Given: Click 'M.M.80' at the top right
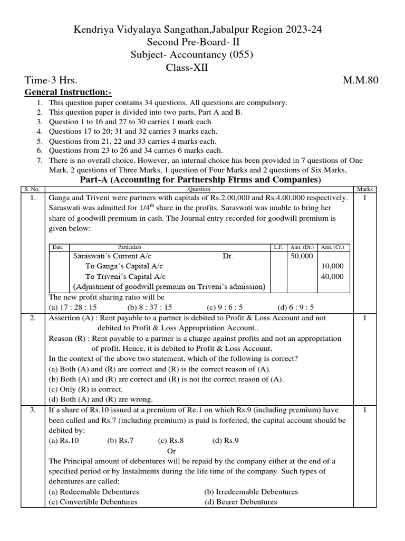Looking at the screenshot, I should click(x=361, y=80).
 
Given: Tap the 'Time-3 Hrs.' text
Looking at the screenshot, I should click(x=51, y=80).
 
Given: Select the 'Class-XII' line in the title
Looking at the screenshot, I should click(x=202, y=67).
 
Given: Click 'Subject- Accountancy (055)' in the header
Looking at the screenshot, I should click(x=202, y=54).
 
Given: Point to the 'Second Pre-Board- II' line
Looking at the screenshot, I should click(x=202, y=42).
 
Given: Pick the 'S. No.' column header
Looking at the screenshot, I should click(x=34, y=189).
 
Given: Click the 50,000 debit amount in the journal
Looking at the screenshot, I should click(x=302, y=256).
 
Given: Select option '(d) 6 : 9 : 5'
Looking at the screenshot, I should click(x=296, y=307).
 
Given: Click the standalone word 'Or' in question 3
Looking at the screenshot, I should click(x=171, y=451).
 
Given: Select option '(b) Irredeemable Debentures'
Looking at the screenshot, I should click(x=251, y=491).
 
